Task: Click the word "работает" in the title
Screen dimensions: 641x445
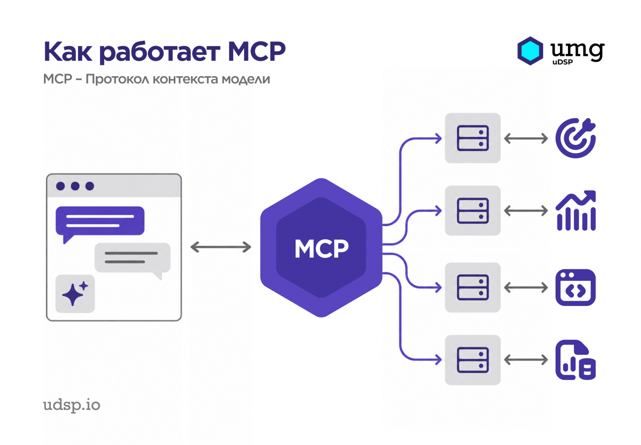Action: pyautogui.click(x=160, y=52)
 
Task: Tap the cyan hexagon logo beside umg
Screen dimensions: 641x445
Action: pyautogui.click(x=530, y=51)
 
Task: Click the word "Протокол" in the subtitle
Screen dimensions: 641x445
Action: pyautogui.click(x=117, y=79)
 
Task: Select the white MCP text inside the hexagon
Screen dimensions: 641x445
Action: pyautogui.click(x=321, y=248)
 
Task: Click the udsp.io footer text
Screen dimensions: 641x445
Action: pyautogui.click(x=72, y=405)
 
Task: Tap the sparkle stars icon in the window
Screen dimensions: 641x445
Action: pyautogui.click(x=75, y=293)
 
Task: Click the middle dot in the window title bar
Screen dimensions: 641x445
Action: pyautogui.click(x=75, y=186)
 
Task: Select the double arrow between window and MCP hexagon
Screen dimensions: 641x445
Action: pyautogui.click(x=221, y=247)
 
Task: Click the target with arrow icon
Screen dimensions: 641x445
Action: pyautogui.click(x=575, y=138)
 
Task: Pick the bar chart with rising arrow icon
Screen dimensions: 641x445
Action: pyautogui.click(x=575, y=210)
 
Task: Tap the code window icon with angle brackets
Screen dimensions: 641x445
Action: pyautogui.click(x=575, y=287)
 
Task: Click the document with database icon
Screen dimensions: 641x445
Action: pyautogui.click(x=575, y=360)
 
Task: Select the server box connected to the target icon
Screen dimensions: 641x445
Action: pyautogui.click(x=473, y=138)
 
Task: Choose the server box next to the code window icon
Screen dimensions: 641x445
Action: pyautogui.click(x=473, y=287)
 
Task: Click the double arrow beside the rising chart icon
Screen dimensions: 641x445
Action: pyautogui.click(x=526, y=211)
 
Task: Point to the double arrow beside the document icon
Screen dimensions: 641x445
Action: pyautogui.click(x=526, y=360)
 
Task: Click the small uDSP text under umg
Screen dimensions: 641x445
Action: pyautogui.click(x=562, y=62)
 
